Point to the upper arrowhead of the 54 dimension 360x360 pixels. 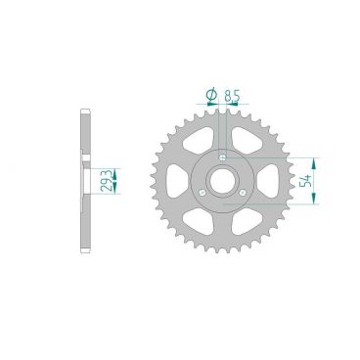[313, 159]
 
